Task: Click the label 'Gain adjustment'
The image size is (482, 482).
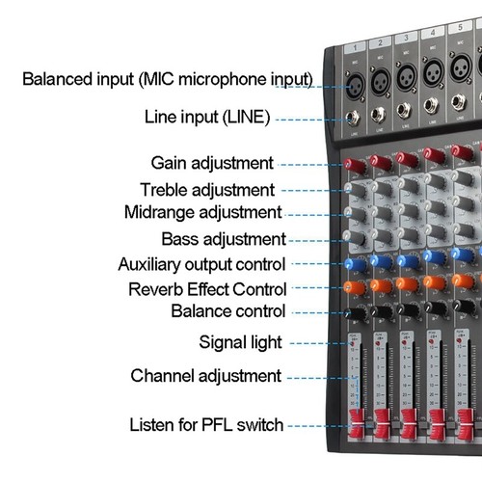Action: click(212, 163)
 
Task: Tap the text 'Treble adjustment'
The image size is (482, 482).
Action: click(207, 190)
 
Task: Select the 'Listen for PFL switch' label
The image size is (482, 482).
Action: click(206, 424)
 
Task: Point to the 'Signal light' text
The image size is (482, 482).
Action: click(240, 341)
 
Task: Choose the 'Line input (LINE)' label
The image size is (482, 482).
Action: click(206, 119)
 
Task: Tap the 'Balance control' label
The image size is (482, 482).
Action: click(228, 311)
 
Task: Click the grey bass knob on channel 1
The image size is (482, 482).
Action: click(356, 237)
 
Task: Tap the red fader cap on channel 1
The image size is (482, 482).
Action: click(357, 425)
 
